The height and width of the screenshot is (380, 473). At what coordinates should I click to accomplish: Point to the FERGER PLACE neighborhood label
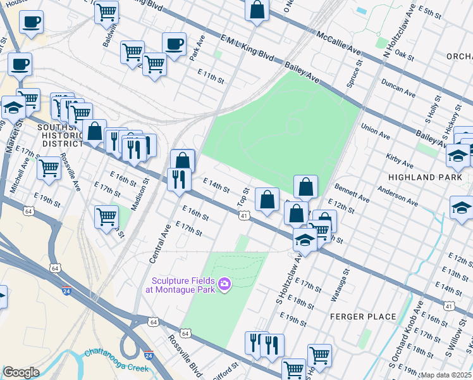[x=363, y=316]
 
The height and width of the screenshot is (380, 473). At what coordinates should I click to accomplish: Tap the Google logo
[x=21, y=372]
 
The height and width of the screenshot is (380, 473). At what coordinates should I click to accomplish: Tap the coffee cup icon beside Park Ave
[x=174, y=44]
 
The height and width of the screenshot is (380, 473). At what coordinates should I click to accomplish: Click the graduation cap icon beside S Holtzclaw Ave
[x=305, y=240]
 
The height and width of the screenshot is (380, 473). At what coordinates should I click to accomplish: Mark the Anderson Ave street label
[x=397, y=196]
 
